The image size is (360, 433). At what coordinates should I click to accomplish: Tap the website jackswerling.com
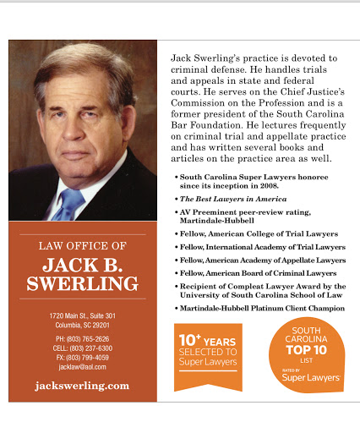[x=83, y=385]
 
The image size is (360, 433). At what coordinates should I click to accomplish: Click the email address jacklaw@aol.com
[x=82, y=367]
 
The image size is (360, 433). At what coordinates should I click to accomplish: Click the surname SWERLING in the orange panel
[x=83, y=284]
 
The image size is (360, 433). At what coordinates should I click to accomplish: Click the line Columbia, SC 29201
[x=83, y=326]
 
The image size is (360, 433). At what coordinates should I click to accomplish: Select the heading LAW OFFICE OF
[x=83, y=246]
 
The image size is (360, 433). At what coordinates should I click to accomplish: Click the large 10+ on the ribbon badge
[x=190, y=340]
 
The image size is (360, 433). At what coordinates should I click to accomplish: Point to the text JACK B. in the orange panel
[x=83, y=265]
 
